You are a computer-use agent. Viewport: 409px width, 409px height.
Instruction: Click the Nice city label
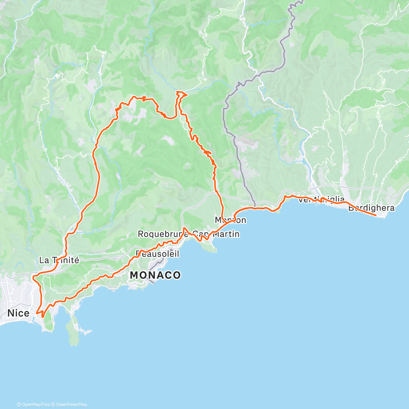18,313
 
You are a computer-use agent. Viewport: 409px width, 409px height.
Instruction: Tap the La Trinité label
59,260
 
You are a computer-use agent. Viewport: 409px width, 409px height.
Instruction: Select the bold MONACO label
155,275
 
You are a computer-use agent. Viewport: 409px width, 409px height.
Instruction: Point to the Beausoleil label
157,254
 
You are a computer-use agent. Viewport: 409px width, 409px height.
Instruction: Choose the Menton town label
230,220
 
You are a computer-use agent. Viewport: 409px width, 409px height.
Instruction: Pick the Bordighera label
371,208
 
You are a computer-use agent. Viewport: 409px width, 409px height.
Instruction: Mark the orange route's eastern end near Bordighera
376,215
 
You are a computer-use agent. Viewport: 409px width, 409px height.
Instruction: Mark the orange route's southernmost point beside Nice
43,317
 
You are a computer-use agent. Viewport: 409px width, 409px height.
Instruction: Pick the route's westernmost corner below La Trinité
33,278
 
